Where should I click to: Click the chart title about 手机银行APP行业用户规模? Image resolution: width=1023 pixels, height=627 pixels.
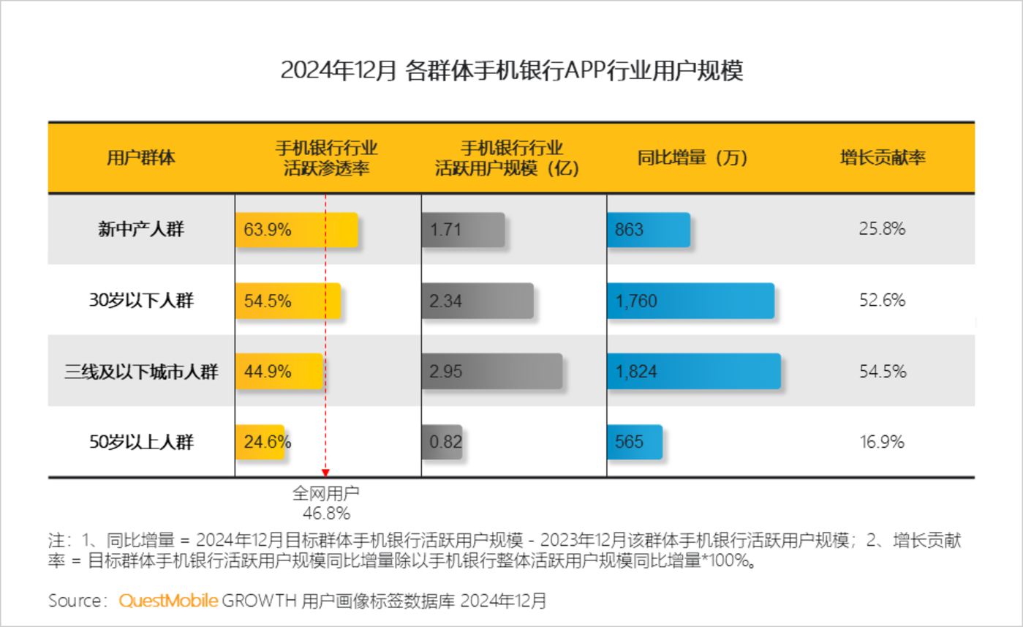pyautogui.click(x=511, y=72)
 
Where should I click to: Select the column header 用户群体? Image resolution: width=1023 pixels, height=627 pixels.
pyautogui.click(x=141, y=158)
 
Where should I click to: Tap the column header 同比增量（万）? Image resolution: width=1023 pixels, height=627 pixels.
pyautogui.click(x=692, y=158)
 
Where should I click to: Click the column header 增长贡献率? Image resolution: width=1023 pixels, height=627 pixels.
pyautogui.click(x=882, y=158)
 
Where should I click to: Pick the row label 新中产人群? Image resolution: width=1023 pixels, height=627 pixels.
pyautogui.click(x=141, y=230)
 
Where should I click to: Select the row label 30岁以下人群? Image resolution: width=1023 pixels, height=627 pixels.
pyautogui.click(x=141, y=300)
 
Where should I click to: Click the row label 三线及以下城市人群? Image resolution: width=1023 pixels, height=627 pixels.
pyautogui.click(x=141, y=371)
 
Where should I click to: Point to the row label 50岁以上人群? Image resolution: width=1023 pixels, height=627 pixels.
pyautogui.click(x=141, y=442)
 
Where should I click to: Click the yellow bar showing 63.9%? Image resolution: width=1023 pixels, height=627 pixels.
pyautogui.click(x=296, y=230)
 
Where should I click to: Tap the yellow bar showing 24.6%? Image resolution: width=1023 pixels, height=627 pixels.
pyautogui.click(x=260, y=442)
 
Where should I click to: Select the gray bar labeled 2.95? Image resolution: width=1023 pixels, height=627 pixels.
pyautogui.click(x=491, y=371)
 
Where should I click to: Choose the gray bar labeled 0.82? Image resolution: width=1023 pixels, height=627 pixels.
pyautogui.click(x=442, y=442)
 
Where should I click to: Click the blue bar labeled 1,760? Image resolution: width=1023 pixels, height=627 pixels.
pyautogui.click(x=690, y=300)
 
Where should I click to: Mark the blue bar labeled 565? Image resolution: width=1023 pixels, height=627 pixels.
pyautogui.click(x=634, y=442)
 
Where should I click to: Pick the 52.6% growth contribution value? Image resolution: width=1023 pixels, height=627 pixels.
pyautogui.click(x=882, y=300)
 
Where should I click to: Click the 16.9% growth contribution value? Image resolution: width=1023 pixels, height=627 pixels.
pyautogui.click(x=882, y=442)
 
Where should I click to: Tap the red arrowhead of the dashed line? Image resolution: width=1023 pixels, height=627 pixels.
pyautogui.click(x=325, y=473)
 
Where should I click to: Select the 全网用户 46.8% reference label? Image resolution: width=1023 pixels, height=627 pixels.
pyautogui.click(x=326, y=502)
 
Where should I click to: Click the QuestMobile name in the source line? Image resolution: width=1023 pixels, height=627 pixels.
pyautogui.click(x=168, y=601)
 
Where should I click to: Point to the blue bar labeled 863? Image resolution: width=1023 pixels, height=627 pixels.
pyautogui.click(x=648, y=230)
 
